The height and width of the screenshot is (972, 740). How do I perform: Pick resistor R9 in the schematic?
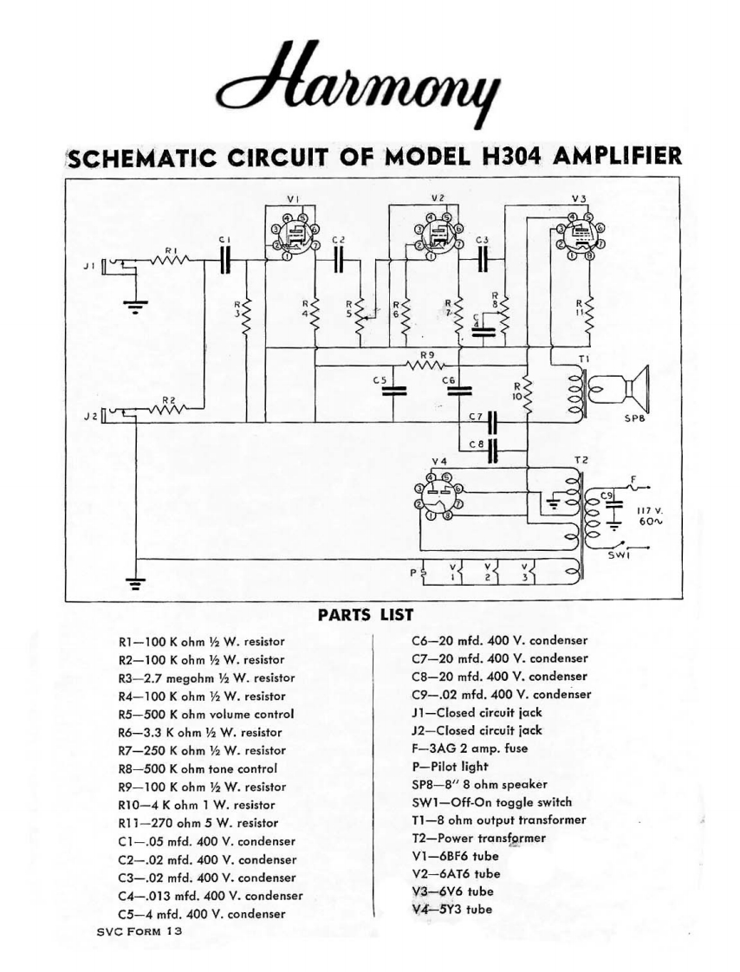pyautogui.click(x=425, y=365)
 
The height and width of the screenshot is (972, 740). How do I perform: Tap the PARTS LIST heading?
pyautogui.click(x=366, y=615)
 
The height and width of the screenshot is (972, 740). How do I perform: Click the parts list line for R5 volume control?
pyautogui.click(x=205, y=715)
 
